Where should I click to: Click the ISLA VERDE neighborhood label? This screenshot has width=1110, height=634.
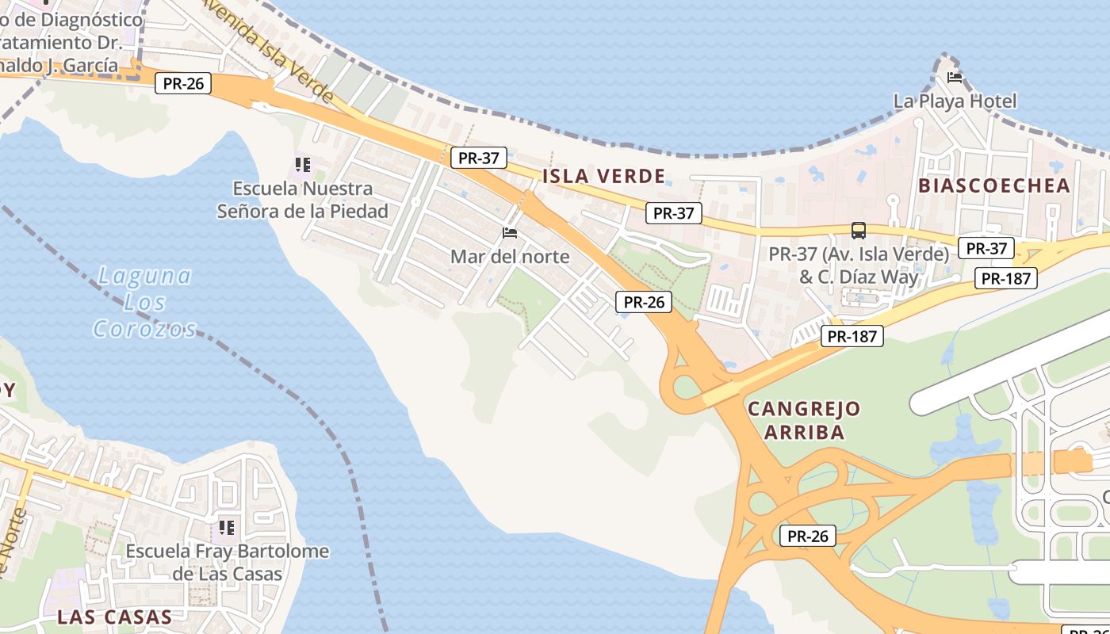pos(603,176)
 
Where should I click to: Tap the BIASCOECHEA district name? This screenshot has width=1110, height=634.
pos(994,185)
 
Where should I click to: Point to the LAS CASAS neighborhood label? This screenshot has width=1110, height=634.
pos(114,617)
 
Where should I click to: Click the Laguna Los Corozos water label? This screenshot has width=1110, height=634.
pos(144,302)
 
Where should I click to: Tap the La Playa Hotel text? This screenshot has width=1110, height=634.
pos(955,101)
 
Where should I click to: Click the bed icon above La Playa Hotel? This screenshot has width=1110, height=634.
pos(955,78)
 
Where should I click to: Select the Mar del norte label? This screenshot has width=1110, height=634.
pos(510,256)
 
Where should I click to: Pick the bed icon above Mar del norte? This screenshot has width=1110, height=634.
pos(510,233)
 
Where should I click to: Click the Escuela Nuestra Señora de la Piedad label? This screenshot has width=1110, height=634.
pos(303,200)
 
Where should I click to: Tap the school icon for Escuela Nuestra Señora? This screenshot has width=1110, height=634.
pos(302,165)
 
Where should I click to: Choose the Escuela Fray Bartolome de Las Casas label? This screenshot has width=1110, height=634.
pos(228,562)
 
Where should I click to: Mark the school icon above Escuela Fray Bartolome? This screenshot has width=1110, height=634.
pos(227,527)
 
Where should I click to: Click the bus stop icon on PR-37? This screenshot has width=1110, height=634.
pos(858,231)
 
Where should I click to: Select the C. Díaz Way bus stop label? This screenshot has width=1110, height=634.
pos(859,266)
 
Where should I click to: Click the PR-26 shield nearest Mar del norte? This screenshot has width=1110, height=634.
pos(643,301)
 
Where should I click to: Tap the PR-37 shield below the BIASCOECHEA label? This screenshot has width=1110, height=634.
pos(986,248)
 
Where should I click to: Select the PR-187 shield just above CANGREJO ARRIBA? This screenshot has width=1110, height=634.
pos(852,336)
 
